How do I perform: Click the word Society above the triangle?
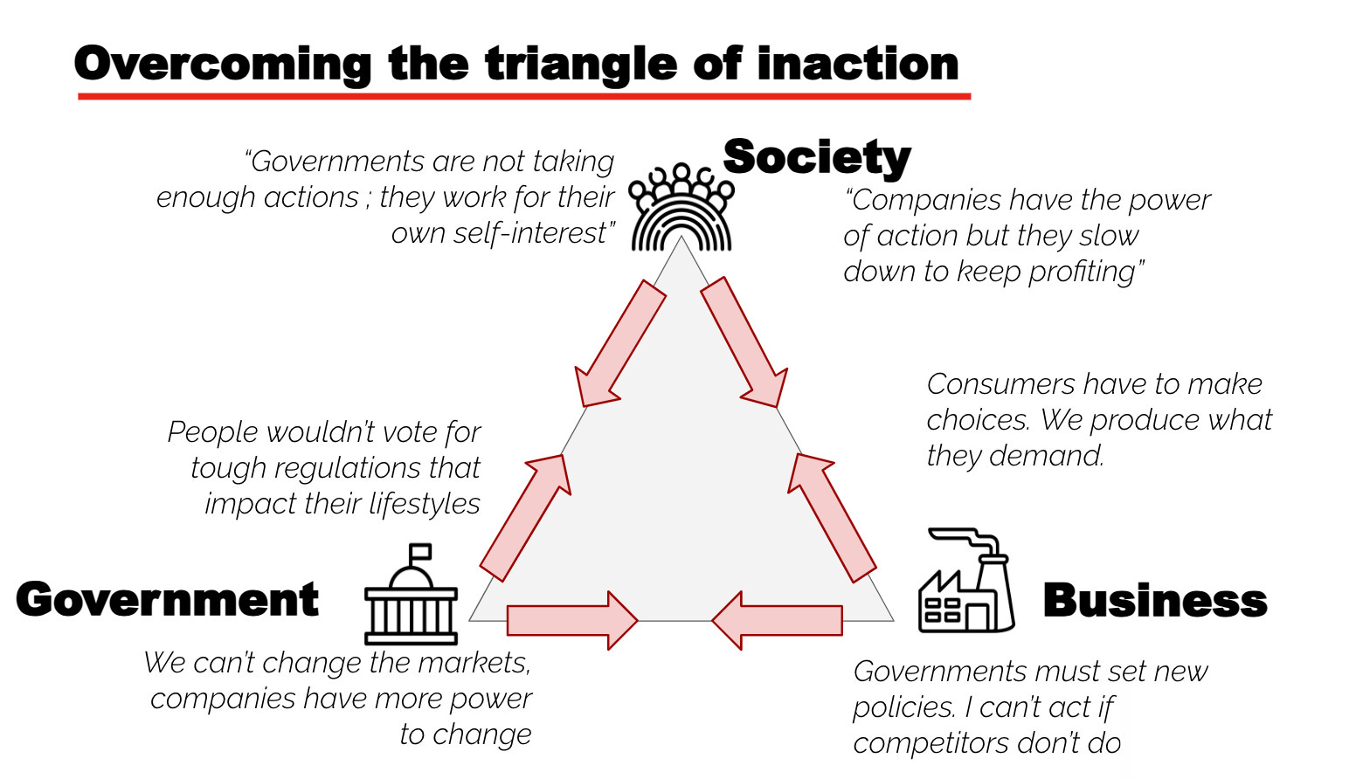(817, 158)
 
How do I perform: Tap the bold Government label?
(168, 600)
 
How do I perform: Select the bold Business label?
(1154, 601)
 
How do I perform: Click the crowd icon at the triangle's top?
(681, 208)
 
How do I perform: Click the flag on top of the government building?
(421, 553)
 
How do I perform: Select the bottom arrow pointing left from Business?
(777, 620)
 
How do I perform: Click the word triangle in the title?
(580, 65)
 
